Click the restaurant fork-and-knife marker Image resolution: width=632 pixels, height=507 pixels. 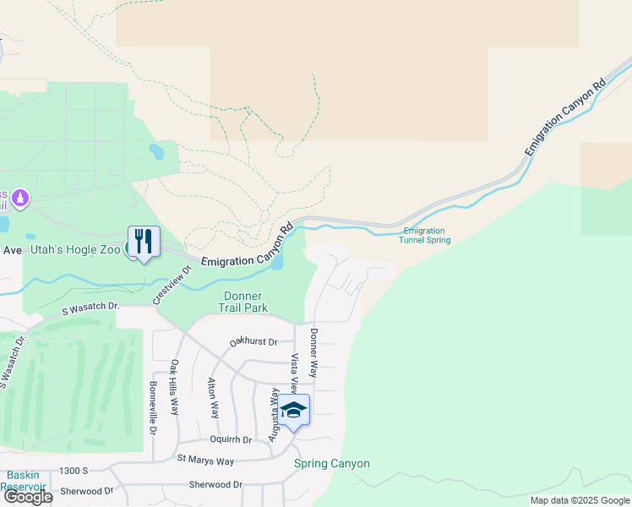pos(144,242)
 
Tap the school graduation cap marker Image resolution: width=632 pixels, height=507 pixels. pos(293,411)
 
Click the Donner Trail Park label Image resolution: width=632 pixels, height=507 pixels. pos(246,302)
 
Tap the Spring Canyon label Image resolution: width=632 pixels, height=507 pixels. pos(331,463)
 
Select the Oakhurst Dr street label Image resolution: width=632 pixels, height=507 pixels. pos(253,342)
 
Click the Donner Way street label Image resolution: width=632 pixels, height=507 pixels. pos(313,352)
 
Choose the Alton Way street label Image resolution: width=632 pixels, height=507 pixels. pos(213,398)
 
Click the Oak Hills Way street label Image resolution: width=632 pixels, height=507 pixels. pos(174,388)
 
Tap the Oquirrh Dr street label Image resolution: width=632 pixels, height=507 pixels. pos(231,440)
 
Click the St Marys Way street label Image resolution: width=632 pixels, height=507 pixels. pos(205,460)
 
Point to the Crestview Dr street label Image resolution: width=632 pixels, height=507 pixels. pos(172,286)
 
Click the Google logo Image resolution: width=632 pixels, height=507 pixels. pos(27,497)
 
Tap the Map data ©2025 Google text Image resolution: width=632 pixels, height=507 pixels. pos(580,500)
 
